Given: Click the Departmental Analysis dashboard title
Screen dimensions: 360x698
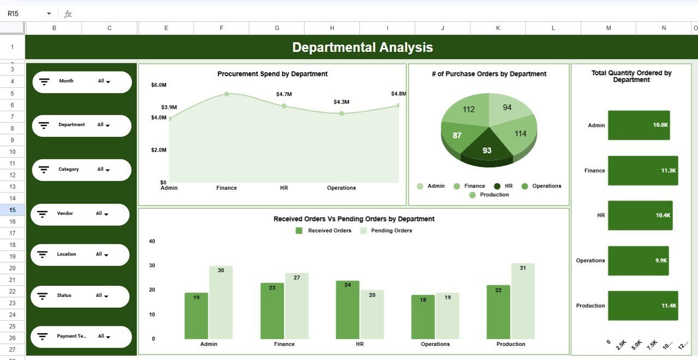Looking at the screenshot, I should (362, 47).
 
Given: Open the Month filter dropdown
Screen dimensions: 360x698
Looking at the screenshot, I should (104, 81).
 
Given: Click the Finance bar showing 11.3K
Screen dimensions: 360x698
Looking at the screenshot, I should (642, 171).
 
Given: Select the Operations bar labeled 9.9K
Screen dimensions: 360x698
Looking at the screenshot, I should (638, 261).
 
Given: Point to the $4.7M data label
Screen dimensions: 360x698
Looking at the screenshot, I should (284, 94).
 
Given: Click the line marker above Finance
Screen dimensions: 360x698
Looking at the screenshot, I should (226, 94).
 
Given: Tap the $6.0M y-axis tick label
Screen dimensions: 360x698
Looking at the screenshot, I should (159, 85).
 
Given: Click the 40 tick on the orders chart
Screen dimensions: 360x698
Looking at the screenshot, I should (152, 241).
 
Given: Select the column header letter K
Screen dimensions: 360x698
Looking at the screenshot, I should (498, 28).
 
